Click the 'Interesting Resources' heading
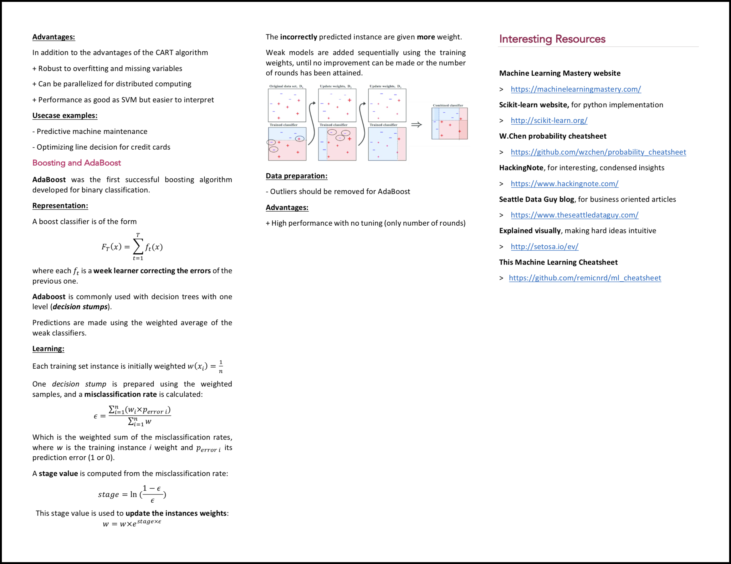[552, 39]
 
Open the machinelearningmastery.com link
[576, 89]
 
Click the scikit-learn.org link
[549, 120]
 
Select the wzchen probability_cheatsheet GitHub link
[598, 152]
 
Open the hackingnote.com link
[564, 183]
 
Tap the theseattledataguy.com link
[574, 215]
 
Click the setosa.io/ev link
[544, 247]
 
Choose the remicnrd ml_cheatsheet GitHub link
[585, 278]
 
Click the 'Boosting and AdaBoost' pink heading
[76, 163]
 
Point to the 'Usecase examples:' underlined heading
[64, 115]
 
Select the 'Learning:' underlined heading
[48, 348]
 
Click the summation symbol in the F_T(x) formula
[138, 247]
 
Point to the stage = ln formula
[132, 494]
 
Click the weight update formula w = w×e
[132, 523]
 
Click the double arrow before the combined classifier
[417, 125]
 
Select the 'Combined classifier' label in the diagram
[448, 105]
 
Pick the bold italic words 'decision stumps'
[80, 307]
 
